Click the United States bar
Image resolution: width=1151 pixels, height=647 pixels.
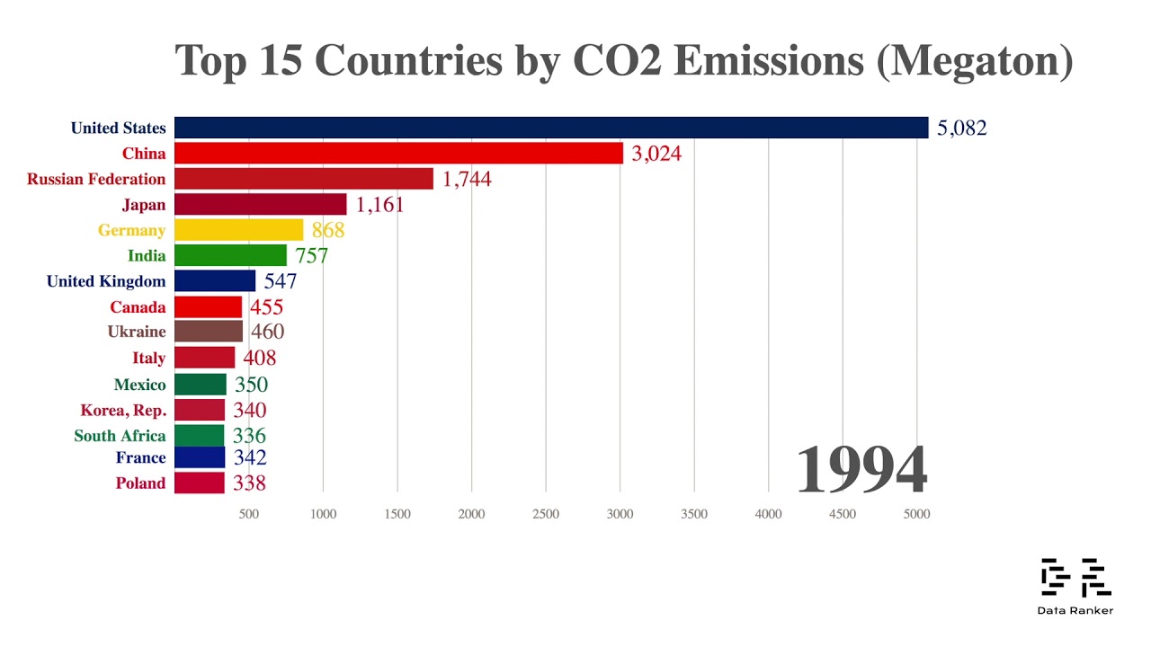[x=550, y=128]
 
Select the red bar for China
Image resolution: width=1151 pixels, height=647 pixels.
[x=398, y=153]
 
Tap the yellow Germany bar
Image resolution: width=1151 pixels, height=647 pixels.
[x=238, y=230]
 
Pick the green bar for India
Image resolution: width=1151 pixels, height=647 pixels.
[x=230, y=256]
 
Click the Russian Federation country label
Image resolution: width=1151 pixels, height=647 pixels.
[x=96, y=179]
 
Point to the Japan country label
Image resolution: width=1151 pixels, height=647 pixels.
[x=144, y=205]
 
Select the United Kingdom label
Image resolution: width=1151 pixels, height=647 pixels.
[x=106, y=281]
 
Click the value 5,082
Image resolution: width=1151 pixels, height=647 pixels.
[x=961, y=128]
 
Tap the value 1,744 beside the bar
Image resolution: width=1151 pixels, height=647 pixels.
[x=467, y=179]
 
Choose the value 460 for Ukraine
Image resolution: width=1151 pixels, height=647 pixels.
[x=267, y=332]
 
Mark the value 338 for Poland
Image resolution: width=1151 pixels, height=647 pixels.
[x=249, y=483]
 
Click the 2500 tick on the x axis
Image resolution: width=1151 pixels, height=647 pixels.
[x=546, y=514]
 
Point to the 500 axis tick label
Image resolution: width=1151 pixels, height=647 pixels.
[x=249, y=514]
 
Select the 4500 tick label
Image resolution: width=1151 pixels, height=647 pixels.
[x=843, y=514]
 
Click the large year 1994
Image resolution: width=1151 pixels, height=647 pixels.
[x=861, y=470]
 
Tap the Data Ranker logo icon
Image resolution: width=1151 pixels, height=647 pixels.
[x=1075, y=578]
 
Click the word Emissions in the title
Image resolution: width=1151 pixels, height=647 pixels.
[x=768, y=60]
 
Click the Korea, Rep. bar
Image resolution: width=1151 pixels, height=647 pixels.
[x=200, y=410]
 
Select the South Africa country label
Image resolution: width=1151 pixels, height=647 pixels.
[x=120, y=436]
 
